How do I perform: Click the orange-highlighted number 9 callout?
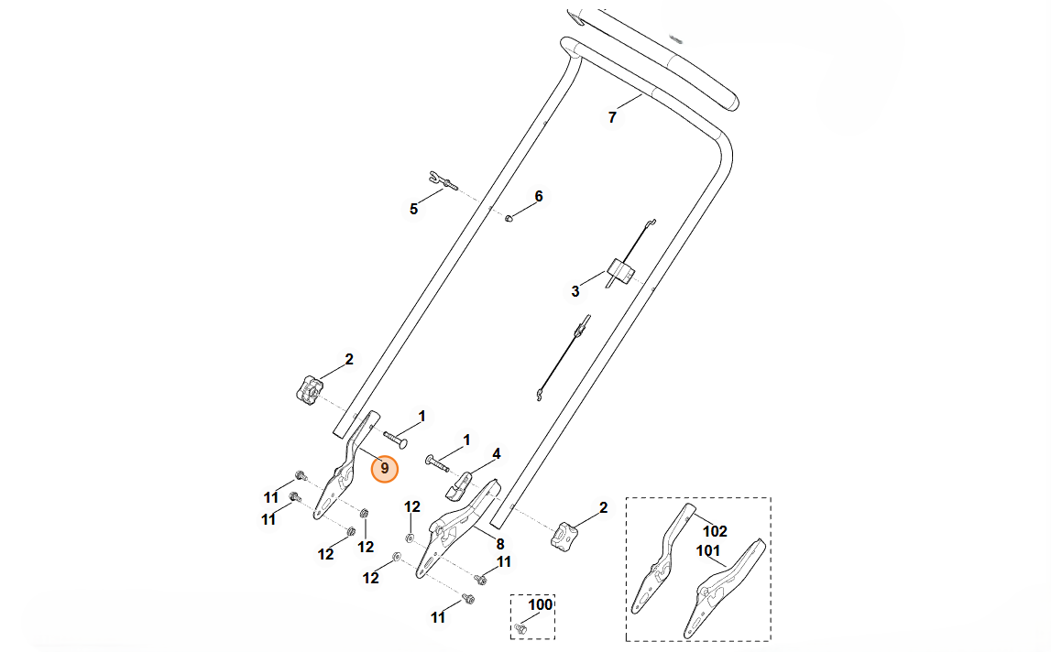[384, 468]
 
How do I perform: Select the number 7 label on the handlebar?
[612, 117]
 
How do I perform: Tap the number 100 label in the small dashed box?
[541, 604]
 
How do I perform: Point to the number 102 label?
[715, 531]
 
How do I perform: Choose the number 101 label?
[707, 551]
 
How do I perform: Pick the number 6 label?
[539, 196]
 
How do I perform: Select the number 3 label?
[575, 291]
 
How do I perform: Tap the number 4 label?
[496, 453]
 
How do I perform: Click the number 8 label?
[500, 544]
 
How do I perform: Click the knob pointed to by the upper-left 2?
[309, 389]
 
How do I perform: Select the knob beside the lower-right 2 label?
[563, 536]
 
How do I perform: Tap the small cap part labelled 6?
[509, 218]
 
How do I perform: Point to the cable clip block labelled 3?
[620, 270]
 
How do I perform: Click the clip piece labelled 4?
[458, 485]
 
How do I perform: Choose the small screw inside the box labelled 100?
[520, 628]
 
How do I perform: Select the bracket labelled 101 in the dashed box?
[723, 588]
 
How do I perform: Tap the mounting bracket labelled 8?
[457, 527]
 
